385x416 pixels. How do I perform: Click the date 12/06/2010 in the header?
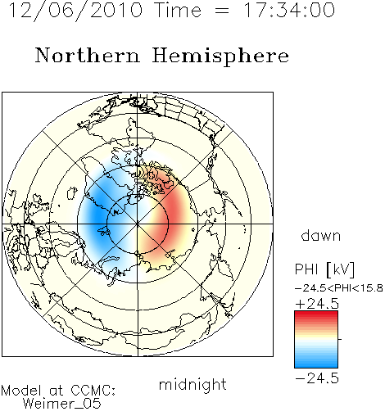coord(75,10)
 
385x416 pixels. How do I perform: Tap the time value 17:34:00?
coord(289,10)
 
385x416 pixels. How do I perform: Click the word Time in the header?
coord(178,10)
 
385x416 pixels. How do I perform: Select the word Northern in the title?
coord(88,55)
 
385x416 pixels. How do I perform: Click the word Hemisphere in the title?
coord(220,57)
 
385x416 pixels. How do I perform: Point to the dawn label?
coord(321,235)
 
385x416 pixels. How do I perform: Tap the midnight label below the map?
coord(192,384)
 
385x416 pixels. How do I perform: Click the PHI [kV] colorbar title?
coord(324,269)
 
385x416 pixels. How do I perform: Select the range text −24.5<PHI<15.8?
coord(339,288)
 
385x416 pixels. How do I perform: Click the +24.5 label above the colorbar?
coord(317,304)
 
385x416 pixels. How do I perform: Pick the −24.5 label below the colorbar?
coord(317,378)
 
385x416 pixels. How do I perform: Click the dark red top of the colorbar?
coord(316,314)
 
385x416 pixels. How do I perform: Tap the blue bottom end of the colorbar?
coord(316,365)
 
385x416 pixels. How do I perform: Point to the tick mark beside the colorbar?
coord(340,339)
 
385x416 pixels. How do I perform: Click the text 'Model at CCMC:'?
coord(58,391)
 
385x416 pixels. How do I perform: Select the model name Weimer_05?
coord(62,404)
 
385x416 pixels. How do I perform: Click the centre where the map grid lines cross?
coord(138,224)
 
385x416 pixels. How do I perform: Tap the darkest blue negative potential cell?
coord(97,215)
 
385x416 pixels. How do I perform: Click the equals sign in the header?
coord(222,11)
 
